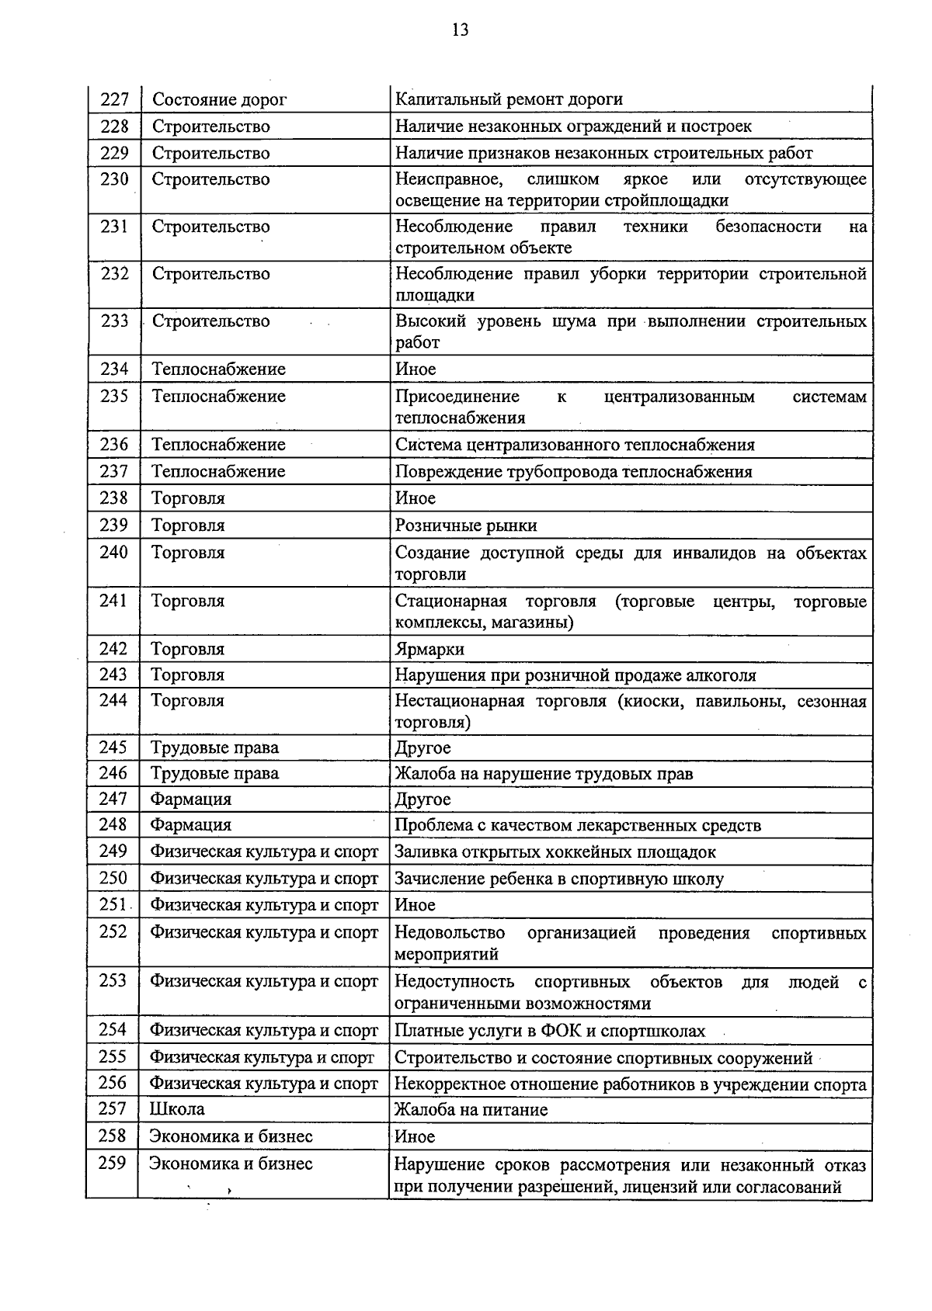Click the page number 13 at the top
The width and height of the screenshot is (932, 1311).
460,30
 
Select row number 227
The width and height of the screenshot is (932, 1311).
114,99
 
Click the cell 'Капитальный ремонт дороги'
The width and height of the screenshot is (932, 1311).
509,99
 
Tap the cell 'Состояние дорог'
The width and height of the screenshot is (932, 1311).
219,99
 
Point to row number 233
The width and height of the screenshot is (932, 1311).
114,321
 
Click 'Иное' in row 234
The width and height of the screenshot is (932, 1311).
416,369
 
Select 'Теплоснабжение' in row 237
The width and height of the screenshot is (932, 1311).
218,472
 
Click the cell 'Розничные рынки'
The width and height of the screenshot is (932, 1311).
466,525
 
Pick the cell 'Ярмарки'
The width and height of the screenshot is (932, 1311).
429,649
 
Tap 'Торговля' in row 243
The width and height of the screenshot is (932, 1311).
187,675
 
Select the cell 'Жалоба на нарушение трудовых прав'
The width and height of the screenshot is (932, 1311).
544,774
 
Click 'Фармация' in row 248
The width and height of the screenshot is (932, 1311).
190,825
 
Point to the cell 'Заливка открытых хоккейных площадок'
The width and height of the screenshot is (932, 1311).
555,852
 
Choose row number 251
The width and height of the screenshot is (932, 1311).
113,905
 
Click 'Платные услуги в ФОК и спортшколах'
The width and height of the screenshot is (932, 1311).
550,1032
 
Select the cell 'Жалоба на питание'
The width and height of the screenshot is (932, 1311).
471,1110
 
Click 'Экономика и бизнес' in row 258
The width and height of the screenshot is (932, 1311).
231,1137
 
